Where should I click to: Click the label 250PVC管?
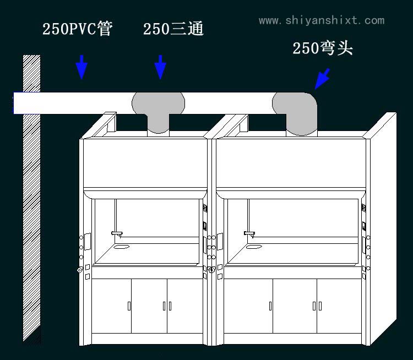(x=78, y=29)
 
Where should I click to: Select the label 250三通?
(x=173, y=29)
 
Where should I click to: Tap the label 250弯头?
(x=322, y=48)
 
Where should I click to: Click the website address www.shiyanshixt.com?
(x=322, y=20)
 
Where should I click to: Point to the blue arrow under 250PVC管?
(x=81, y=67)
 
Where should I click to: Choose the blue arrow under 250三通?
(x=160, y=67)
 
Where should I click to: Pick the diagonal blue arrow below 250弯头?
(x=322, y=78)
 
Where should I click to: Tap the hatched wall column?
(x=31, y=198)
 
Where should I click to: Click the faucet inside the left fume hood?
(x=117, y=234)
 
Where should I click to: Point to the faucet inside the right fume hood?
(x=250, y=234)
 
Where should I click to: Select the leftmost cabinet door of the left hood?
(x=112, y=306)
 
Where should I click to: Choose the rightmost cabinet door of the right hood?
(x=337, y=306)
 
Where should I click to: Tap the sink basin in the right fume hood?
(x=254, y=246)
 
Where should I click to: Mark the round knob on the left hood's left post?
(x=80, y=270)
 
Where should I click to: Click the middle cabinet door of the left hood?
(x=149, y=306)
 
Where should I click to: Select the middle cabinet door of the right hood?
(x=295, y=306)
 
